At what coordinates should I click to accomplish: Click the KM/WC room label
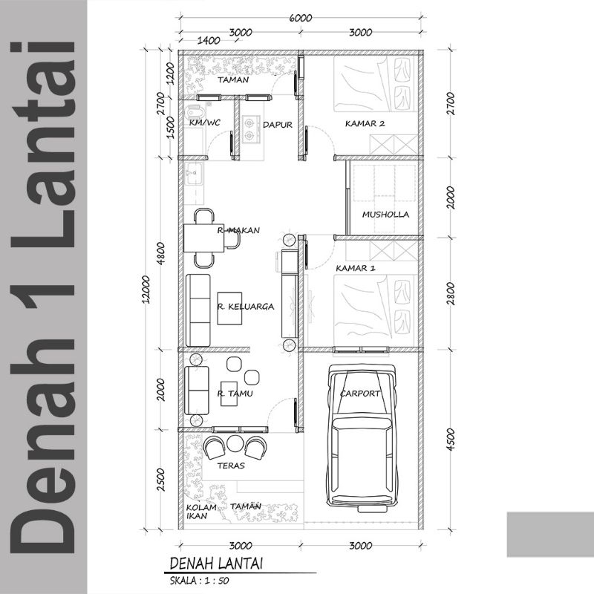[x=205, y=123]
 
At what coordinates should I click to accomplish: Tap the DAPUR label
[x=278, y=125]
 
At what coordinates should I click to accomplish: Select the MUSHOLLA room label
[x=385, y=215]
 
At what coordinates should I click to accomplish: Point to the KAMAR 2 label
[x=365, y=123]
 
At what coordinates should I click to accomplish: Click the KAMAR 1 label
[x=356, y=268]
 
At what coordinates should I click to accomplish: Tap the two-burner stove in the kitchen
[x=250, y=128]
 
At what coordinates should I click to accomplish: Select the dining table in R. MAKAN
[x=204, y=238]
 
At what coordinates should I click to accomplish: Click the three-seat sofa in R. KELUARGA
[x=198, y=310]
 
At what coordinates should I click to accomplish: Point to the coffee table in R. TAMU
[x=229, y=394]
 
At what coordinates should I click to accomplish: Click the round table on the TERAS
[x=235, y=443]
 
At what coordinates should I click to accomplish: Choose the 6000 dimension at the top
[x=301, y=18]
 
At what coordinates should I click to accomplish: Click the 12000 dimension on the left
[x=146, y=289]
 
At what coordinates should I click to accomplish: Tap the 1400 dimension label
[x=209, y=40]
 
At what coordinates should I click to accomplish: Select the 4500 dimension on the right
[x=451, y=440]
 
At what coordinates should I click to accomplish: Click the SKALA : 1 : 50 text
[x=199, y=581]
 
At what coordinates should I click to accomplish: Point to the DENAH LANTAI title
[x=216, y=564]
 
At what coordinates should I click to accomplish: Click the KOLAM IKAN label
[x=201, y=512]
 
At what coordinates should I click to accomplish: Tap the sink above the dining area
[x=195, y=174]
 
